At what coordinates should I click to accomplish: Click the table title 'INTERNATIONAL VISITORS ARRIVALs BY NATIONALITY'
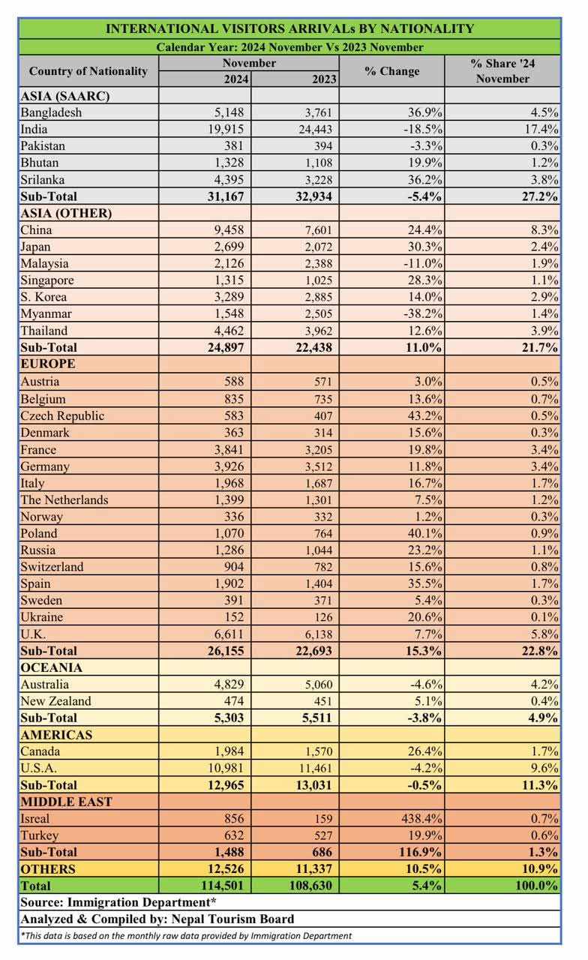(x=289, y=28)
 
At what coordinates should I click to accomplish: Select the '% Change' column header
(x=391, y=71)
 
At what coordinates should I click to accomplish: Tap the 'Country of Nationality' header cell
(x=88, y=71)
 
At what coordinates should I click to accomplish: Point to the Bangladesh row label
(x=51, y=112)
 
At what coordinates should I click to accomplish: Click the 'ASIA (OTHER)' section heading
(x=67, y=213)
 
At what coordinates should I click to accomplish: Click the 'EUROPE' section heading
(x=48, y=364)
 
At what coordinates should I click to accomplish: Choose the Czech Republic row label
(x=62, y=416)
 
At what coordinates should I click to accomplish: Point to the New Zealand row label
(x=56, y=701)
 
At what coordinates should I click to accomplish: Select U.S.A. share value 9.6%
(x=544, y=768)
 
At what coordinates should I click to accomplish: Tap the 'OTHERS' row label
(x=49, y=869)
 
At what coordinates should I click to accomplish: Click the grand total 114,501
(x=220, y=886)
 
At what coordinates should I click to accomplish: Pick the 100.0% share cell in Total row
(x=533, y=886)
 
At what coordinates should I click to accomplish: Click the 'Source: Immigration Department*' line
(x=118, y=902)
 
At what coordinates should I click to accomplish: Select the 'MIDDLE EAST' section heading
(x=67, y=802)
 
